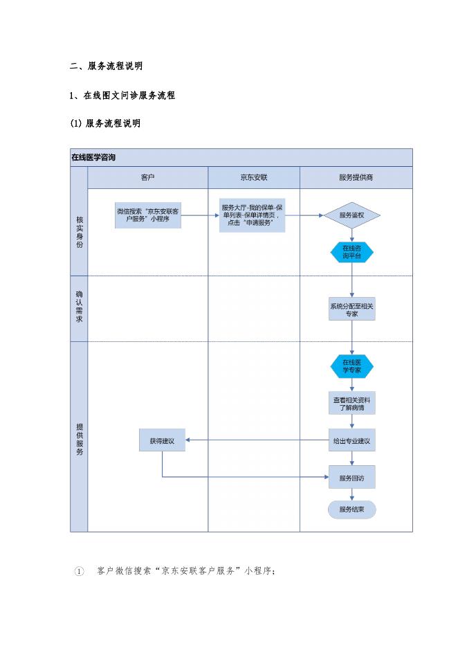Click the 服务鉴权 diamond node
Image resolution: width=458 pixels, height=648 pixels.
pos(352,215)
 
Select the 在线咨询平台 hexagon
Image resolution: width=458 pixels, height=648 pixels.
pos(352,252)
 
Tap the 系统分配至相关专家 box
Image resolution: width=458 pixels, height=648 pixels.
pos(352,309)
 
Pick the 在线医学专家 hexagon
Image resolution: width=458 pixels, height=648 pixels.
pos(352,366)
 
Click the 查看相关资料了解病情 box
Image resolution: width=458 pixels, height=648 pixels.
pos(352,403)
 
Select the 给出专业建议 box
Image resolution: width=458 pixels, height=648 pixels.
pos(352,440)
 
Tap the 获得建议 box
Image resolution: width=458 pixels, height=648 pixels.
pos(162,440)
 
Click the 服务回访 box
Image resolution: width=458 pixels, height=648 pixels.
pos(352,477)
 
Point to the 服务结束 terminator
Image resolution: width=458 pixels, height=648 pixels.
pos(352,510)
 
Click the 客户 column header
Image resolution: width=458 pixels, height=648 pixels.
pos(147,178)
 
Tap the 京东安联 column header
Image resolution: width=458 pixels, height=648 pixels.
pos(253,178)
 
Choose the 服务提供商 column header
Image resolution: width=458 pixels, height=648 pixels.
pos(356,178)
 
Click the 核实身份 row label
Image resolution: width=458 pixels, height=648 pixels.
pos(79,232)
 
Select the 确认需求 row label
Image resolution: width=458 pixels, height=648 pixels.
pos(79,307)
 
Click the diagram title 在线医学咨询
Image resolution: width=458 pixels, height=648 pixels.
pos(94,158)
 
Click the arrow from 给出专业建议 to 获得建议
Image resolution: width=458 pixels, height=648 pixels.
pos(257,440)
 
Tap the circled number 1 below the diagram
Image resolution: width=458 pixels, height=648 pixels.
pos(78,572)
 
